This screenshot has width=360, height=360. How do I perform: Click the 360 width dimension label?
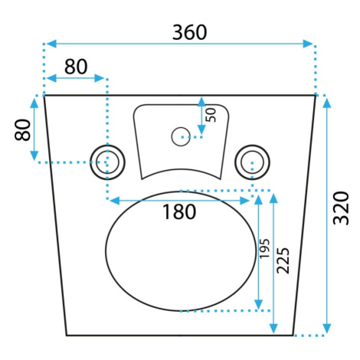click(189, 32)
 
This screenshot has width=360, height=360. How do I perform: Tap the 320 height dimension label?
click(341, 208)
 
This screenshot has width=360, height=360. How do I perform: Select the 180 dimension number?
click(179, 211)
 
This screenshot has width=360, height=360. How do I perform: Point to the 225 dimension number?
click(283, 260)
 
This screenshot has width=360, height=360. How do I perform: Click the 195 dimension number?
click(264, 248)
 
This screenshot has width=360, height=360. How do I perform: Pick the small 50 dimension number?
click(211, 115)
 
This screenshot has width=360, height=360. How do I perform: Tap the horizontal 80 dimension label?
click(76, 67)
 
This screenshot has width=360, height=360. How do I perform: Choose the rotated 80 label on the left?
click(22, 129)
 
